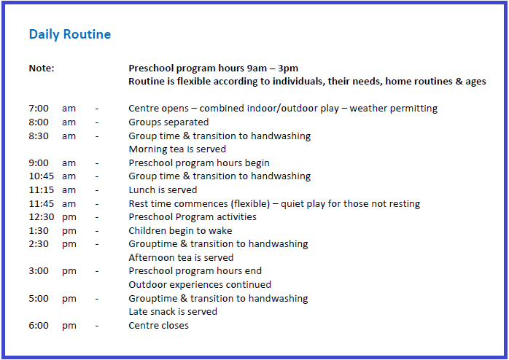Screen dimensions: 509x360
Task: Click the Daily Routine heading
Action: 70,35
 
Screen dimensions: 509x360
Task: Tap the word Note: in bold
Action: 42,68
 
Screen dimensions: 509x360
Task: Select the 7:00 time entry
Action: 39,108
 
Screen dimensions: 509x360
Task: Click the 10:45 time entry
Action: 42,176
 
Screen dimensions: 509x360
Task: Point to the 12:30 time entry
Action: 42,216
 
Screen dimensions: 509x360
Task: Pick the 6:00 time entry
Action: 39,325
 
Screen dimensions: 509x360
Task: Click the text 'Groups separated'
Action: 168,122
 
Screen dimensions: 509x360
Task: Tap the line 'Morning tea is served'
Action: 177,149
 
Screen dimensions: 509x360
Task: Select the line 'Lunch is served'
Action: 163,189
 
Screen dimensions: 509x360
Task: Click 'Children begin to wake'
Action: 180,231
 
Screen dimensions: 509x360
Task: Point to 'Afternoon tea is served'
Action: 181,257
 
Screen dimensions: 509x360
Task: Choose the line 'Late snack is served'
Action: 173,312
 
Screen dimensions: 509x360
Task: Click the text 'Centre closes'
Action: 158,325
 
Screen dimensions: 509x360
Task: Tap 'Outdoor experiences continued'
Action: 200,285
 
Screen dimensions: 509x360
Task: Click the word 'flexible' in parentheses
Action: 250,203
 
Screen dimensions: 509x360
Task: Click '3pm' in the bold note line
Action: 288,69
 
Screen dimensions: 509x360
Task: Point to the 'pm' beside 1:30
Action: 69,231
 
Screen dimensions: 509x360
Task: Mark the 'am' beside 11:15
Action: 69,190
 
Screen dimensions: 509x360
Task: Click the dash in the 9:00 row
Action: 97,163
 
